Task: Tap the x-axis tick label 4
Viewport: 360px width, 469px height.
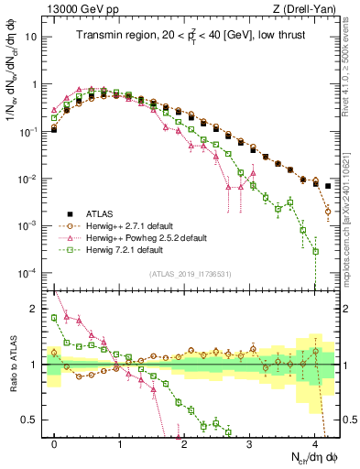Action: tap(314, 442)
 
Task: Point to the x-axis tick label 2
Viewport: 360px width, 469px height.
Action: tap(184, 442)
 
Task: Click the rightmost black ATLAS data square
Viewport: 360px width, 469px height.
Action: tap(328, 186)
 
